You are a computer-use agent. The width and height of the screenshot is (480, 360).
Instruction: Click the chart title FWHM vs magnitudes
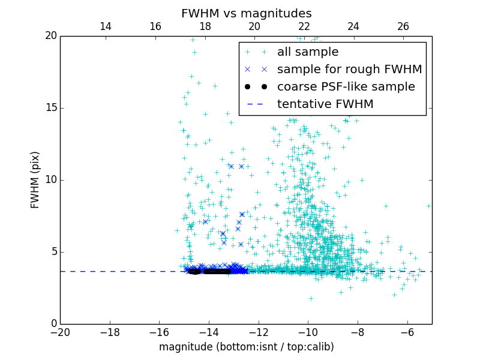click(x=246, y=13)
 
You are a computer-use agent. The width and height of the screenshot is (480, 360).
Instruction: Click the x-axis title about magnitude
click(x=246, y=347)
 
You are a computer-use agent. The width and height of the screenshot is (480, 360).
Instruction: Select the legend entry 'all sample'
click(x=307, y=52)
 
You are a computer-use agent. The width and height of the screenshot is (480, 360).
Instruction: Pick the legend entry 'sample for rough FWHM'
click(x=349, y=70)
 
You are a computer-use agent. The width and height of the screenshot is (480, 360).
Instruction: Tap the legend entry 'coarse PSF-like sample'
click(x=346, y=87)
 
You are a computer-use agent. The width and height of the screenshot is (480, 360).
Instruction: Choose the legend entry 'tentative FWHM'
click(x=325, y=104)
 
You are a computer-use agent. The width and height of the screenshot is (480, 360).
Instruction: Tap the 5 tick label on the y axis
click(x=53, y=252)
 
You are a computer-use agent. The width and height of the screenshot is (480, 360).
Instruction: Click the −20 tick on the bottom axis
click(x=60, y=332)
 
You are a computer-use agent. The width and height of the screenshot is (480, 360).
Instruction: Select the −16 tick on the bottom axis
click(x=159, y=332)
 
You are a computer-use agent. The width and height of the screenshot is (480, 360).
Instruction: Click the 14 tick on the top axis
click(x=106, y=26)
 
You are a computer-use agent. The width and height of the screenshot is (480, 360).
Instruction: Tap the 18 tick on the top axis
click(x=205, y=26)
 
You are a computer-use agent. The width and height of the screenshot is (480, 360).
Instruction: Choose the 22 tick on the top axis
click(x=304, y=26)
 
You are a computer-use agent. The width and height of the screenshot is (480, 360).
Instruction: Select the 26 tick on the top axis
click(x=403, y=26)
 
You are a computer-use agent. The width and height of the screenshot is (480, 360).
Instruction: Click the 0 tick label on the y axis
click(x=53, y=324)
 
